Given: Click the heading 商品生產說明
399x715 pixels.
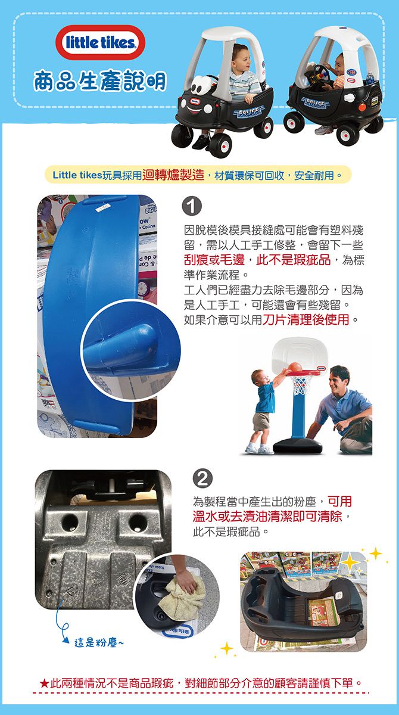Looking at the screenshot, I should click(x=99, y=83).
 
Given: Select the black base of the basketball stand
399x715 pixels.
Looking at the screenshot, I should click(x=295, y=445).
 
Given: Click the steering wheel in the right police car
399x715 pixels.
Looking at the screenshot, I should click(x=318, y=73).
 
